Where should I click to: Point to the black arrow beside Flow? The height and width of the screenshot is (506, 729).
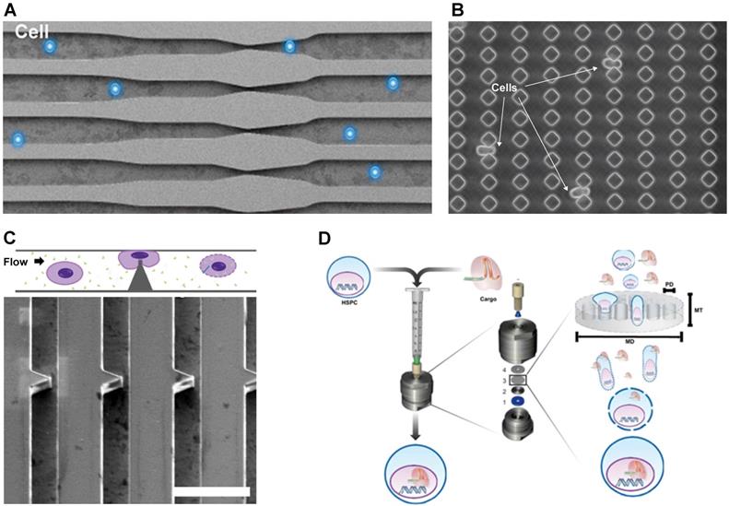click(40, 261)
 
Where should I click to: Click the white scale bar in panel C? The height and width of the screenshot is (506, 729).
click(211, 491)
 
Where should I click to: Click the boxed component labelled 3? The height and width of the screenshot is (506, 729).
click(518, 378)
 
